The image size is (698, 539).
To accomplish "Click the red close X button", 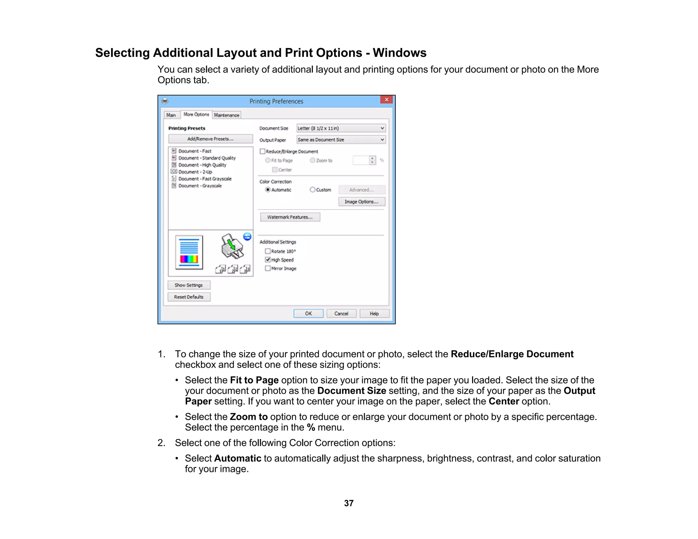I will point(386,99).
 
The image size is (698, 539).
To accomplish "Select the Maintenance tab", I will point(227,115).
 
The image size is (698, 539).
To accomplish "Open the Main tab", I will point(171,115).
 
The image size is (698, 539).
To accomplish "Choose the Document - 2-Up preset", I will point(195,172).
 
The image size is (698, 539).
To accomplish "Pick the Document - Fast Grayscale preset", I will point(204,179).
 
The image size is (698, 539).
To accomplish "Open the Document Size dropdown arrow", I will point(382,128).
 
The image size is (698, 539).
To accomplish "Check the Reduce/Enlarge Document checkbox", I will point(262,151).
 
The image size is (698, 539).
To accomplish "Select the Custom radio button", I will point(313,190).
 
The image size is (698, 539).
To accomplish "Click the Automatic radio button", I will point(268,190).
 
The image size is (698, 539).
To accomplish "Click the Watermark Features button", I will point(290,217).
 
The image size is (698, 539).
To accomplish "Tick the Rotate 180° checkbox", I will point(268,251).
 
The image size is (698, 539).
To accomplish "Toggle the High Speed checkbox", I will point(268,260).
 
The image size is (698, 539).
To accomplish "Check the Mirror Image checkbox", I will point(268,268).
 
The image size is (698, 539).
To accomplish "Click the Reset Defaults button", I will point(189,297).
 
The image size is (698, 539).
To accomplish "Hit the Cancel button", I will point(341,313).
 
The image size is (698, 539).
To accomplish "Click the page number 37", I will point(349,503).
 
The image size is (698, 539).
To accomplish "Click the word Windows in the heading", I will point(399,53).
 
